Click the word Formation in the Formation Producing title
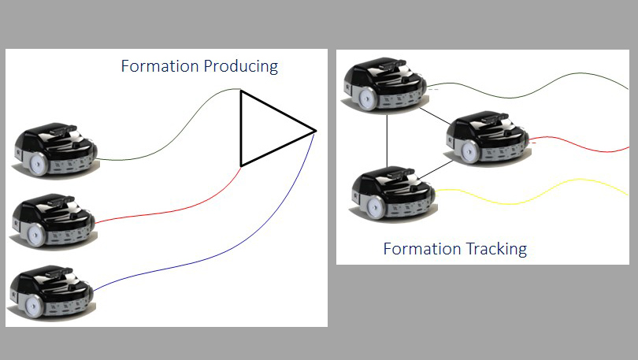160,66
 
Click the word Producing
241,67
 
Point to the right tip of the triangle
315,130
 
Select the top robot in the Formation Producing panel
55,147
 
